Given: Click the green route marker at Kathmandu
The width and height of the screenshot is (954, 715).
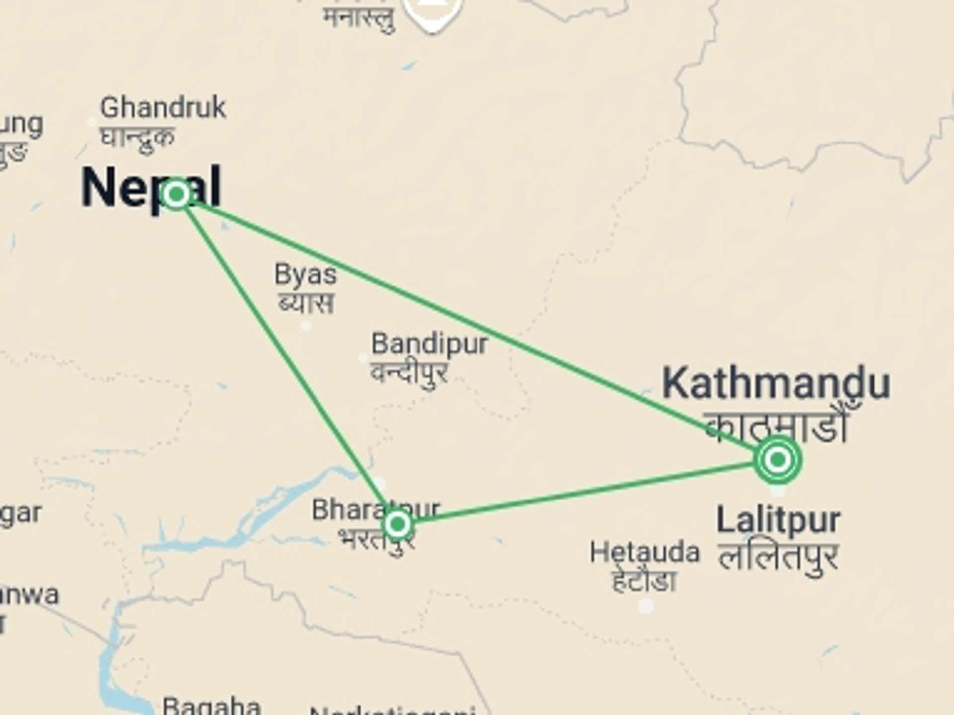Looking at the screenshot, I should tap(778, 460).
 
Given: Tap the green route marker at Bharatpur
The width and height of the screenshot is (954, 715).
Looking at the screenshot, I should tap(397, 524).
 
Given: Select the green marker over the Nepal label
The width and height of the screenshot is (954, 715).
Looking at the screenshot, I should tap(176, 194).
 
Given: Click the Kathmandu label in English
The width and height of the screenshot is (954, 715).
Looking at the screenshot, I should tap(776, 383).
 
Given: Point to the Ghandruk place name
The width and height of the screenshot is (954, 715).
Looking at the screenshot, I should tap(163, 107).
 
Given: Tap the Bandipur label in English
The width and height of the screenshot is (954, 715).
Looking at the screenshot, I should tap(430, 344).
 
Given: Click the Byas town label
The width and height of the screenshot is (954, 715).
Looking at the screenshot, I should tap(306, 274).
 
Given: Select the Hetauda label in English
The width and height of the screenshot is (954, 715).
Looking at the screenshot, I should tap(644, 552).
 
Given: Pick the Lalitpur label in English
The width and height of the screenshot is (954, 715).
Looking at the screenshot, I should tap(779, 520).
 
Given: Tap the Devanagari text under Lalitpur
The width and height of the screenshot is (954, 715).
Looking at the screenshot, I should tap(779, 557).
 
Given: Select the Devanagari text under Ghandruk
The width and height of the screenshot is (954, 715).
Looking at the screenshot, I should tap(138, 136).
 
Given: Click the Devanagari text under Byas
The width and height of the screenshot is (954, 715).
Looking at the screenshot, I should tap(306, 303).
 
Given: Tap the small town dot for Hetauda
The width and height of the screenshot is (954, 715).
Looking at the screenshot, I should tap(646, 606).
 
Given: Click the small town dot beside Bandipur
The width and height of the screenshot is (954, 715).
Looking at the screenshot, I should tap(363, 357).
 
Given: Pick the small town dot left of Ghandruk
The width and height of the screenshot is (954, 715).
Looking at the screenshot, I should tap(92, 122).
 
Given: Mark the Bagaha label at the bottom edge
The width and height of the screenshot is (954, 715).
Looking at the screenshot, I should tap(212, 705).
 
